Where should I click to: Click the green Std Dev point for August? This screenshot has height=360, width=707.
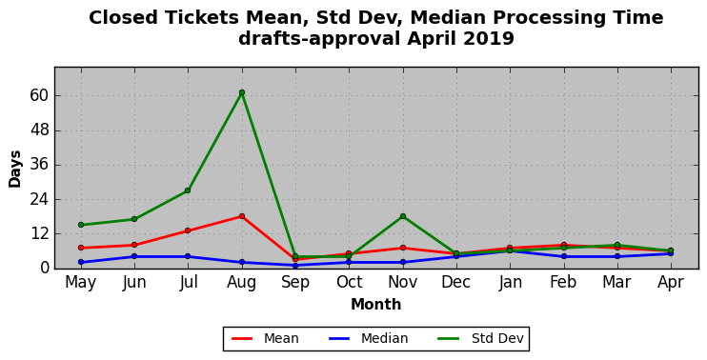pos(242,92)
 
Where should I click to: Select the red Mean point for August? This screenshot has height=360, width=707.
pos(242,216)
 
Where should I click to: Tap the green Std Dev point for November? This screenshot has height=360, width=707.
pos(403,216)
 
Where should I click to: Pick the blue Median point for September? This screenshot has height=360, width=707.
pos(295,266)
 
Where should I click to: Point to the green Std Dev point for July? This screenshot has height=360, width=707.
pos(188,190)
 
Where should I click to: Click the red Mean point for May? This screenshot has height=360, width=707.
pos(81,248)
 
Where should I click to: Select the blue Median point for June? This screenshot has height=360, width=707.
pos(134,256)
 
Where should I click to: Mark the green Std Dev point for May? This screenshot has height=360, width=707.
pos(81,225)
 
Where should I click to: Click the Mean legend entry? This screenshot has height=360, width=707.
pos(265,338)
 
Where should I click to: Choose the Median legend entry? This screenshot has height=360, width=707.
pos(369,338)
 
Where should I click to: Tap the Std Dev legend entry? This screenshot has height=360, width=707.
pos(480,338)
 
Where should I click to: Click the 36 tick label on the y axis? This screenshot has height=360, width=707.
pos(39,165)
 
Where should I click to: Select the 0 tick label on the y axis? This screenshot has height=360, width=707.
pos(43,269)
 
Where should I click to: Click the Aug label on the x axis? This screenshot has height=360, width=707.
pos(242,283)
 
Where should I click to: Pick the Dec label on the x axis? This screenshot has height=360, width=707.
pos(456,283)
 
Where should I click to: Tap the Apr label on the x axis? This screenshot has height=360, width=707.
pos(671,283)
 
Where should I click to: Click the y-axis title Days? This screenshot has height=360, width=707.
pos(15,169)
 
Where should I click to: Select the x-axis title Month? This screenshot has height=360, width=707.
pos(376,305)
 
